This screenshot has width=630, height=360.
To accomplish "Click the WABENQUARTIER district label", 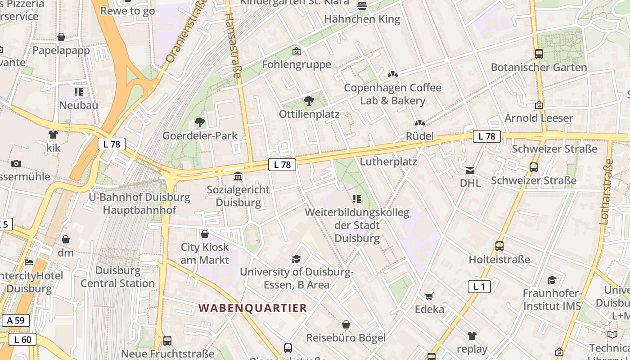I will tap(253, 308).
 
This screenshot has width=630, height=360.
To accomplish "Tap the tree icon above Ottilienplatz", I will tap(309, 100).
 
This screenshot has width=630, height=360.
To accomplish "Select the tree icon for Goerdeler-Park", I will tap(199, 122).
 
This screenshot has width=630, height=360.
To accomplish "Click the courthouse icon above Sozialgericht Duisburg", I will tap(238, 176).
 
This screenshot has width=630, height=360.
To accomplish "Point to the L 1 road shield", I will tap(479, 287).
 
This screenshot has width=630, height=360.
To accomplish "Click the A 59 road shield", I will tap(16, 320).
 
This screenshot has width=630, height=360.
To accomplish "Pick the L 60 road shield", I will tap(22, 339).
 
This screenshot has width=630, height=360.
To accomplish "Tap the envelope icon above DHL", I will tap(470, 170).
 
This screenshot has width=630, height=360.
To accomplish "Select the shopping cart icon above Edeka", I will tap(429, 296).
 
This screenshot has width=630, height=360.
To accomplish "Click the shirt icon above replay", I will tap(472, 335).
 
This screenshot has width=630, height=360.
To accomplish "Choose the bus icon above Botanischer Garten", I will tap(539, 54).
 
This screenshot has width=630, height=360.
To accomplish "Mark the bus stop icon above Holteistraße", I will tap(499, 246).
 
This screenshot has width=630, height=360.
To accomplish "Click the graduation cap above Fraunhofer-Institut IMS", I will tap(552, 280).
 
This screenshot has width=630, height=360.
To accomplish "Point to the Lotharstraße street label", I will tap(606, 191).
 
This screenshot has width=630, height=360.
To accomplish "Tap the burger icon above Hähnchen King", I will tap(362, 6).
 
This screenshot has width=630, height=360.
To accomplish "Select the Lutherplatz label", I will tap(388, 162).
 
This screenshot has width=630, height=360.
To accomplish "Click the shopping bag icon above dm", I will tap(66, 239).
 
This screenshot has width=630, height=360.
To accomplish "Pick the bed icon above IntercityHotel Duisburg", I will tap(29, 262).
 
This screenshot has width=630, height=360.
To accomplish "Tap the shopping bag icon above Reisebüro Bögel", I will tap(346, 324).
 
